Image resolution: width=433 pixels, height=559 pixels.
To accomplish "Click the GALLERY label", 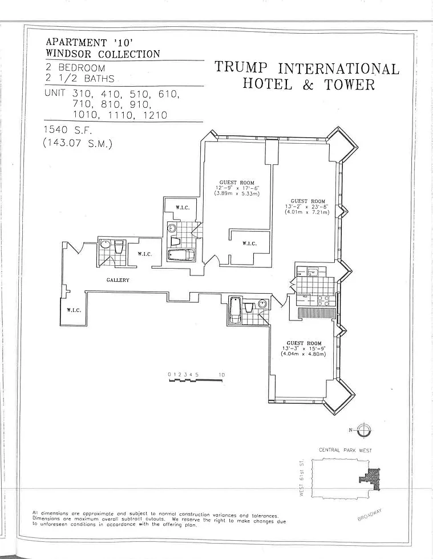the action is point(118,280).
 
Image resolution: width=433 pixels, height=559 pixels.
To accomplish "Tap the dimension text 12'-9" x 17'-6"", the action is point(237,188).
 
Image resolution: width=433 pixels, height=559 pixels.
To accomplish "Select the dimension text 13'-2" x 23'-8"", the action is point(307,206).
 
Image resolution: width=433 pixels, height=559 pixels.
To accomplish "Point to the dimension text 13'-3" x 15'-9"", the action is point(304,349).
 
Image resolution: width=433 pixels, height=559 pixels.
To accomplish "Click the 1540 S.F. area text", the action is point(68,130).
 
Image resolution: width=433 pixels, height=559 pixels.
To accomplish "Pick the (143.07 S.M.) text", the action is point(78,143).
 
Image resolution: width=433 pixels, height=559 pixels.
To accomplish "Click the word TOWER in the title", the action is point(350,85).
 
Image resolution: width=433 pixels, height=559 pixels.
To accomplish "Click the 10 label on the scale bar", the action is point(222,375).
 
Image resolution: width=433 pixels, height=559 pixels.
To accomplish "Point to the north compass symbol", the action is point(363,430).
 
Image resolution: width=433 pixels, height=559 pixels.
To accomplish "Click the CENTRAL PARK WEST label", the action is point(345,450).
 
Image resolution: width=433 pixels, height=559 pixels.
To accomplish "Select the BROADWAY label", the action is point(370,515).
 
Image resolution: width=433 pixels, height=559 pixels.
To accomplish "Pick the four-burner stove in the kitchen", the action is point(323,301).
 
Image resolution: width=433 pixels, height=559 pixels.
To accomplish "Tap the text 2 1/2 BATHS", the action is point(80,79).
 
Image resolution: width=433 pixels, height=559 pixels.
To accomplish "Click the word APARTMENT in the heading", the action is point(76,42).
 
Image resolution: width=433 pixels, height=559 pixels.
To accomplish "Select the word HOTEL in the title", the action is point(267,84).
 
